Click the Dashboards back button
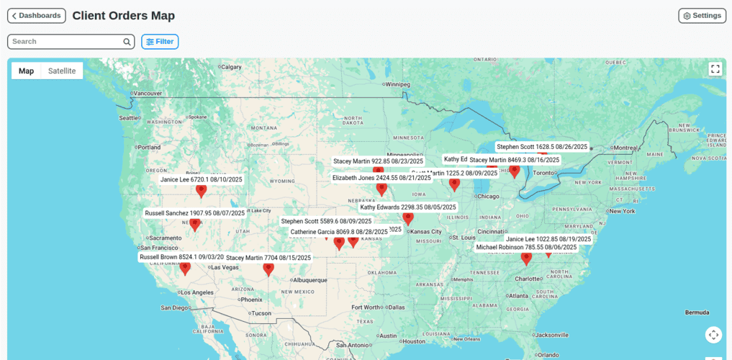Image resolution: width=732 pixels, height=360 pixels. tap(37, 16)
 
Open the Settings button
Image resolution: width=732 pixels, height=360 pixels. tap(702, 16)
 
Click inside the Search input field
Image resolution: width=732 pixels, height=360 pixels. tap(65, 42)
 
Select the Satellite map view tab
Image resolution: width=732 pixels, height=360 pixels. tap(62, 71)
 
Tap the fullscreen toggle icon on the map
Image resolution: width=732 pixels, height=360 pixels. tap(715, 69)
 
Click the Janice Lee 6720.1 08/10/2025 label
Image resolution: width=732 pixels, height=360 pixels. tap(202, 180)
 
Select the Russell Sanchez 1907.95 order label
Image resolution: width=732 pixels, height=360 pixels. tap(195, 213)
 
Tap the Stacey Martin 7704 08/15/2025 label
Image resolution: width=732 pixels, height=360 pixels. tap(268, 258)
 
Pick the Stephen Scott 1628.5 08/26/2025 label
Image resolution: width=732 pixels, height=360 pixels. tap(542, 147)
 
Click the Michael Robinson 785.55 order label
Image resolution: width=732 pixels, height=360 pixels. tap(526, 247)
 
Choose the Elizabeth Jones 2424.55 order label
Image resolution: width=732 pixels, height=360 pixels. tap(381, 177)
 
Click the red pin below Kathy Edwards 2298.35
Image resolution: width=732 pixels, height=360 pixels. tap(408, 219)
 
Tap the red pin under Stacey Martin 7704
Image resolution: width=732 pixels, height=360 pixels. tap(268, 270)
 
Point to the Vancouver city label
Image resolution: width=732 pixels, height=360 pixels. tap(149, 93)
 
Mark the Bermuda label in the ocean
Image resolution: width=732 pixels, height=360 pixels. tap(696, 312)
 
